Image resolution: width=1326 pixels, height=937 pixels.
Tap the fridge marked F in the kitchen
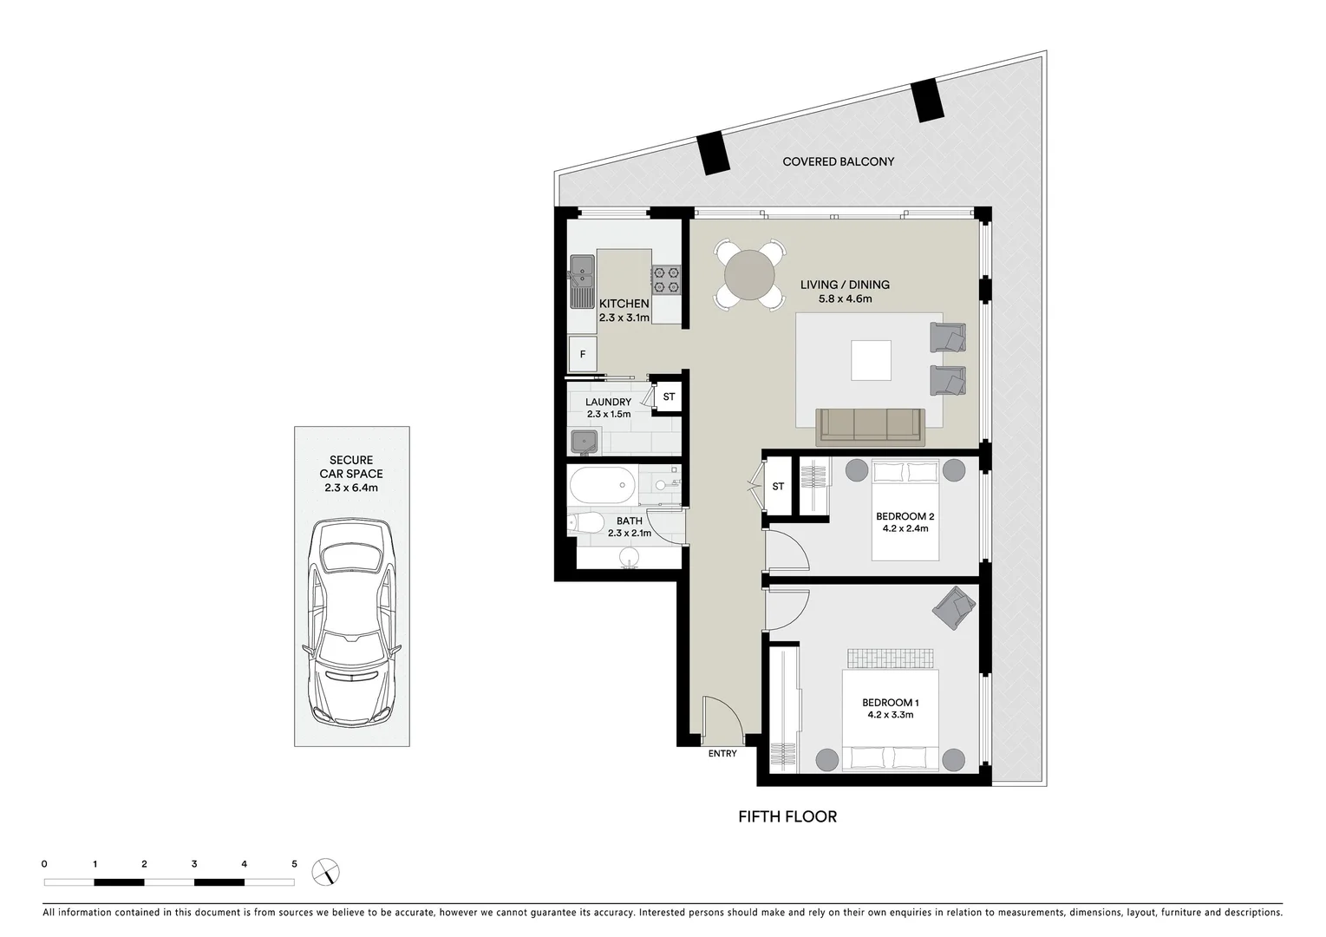(x=583, y=354)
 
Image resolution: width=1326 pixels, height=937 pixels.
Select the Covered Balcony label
(x=838, y=161)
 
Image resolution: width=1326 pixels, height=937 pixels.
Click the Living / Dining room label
(x=845, y=285)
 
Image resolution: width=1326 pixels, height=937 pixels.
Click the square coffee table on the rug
(x=871, y=360)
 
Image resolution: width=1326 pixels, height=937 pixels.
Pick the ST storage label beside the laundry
(x=669, y=397)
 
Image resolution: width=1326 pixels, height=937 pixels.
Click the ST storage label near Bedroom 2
(x=778, y=487)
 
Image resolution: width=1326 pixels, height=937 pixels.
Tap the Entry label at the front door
(x=722, y=753)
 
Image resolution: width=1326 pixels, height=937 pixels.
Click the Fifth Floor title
(x=787, y=816)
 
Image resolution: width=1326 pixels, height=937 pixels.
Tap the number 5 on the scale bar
(x=294, y=864)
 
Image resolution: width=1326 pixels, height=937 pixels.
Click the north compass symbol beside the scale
(x=328, y=872)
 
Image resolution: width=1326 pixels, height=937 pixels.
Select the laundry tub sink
(x=585, y=442)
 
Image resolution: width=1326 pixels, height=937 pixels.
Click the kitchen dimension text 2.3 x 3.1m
(x=624, y=318)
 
